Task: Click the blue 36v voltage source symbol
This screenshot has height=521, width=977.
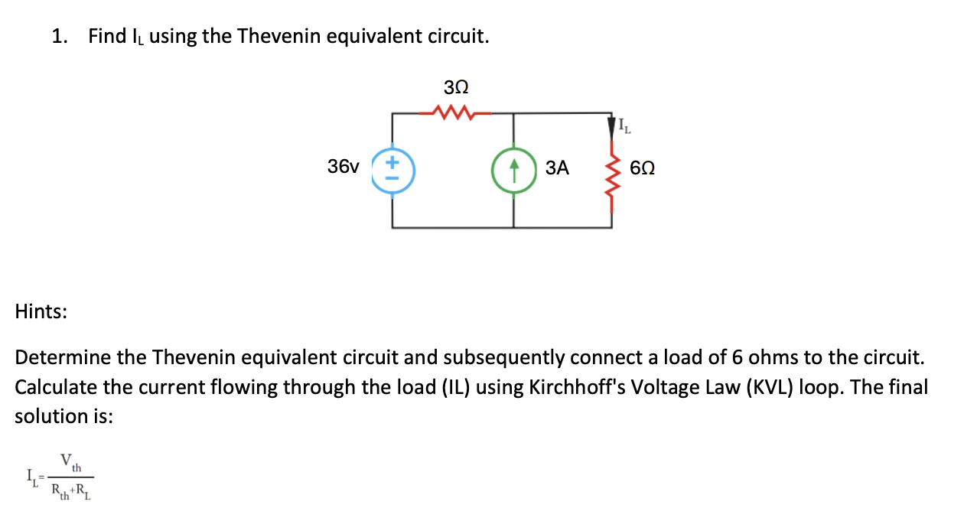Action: click(x=393, y=169)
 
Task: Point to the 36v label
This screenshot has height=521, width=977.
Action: click(x=343, y=166)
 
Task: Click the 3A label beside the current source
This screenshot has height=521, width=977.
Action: click(x=558, y=168)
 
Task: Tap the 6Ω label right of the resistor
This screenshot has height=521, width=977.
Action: click(x=643, y=168)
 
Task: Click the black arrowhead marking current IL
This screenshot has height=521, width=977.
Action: click(x=611, y=123)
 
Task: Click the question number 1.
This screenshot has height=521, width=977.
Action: click(x=59, y=36)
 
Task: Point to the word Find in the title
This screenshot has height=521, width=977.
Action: click(x=107, y=36)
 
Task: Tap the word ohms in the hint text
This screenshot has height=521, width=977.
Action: click(x=772, y=357)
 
